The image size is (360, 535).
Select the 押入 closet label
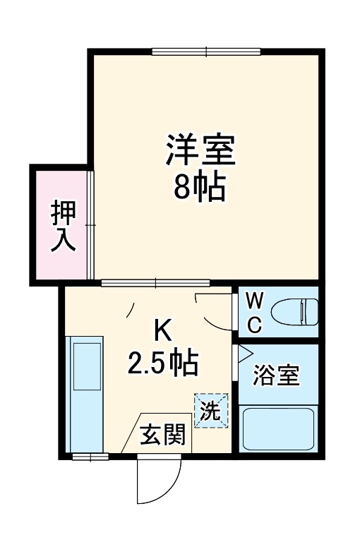click(x=63, y=226)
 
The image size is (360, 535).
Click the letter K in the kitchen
click(x=162, y=330)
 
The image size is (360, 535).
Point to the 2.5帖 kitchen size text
click(x=163, y=363)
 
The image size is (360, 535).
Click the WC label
click(x=255, y=313)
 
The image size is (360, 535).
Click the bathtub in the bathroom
click(x=277, y=428)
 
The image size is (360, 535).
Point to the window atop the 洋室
click(x=206, y=51)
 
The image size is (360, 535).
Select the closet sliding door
click(x=90, y=225)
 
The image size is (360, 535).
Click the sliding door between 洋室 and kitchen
click(x=155, y=284)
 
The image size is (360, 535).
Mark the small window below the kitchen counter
click(x=90, y=456)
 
